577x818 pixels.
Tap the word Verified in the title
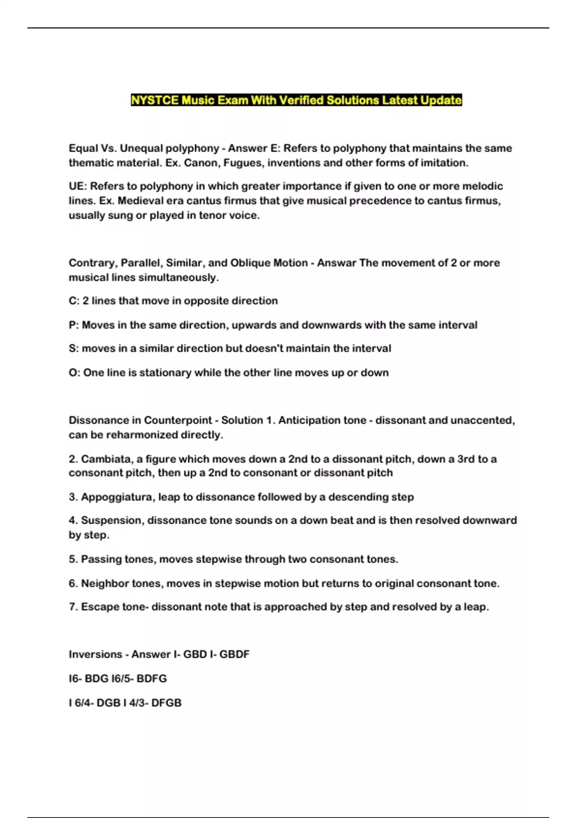coord(301,100)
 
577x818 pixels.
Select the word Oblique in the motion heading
coord(250,263)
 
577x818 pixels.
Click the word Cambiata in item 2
coord(105,459)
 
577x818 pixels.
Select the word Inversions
coord(95,654)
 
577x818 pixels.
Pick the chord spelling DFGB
coord(166,703)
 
